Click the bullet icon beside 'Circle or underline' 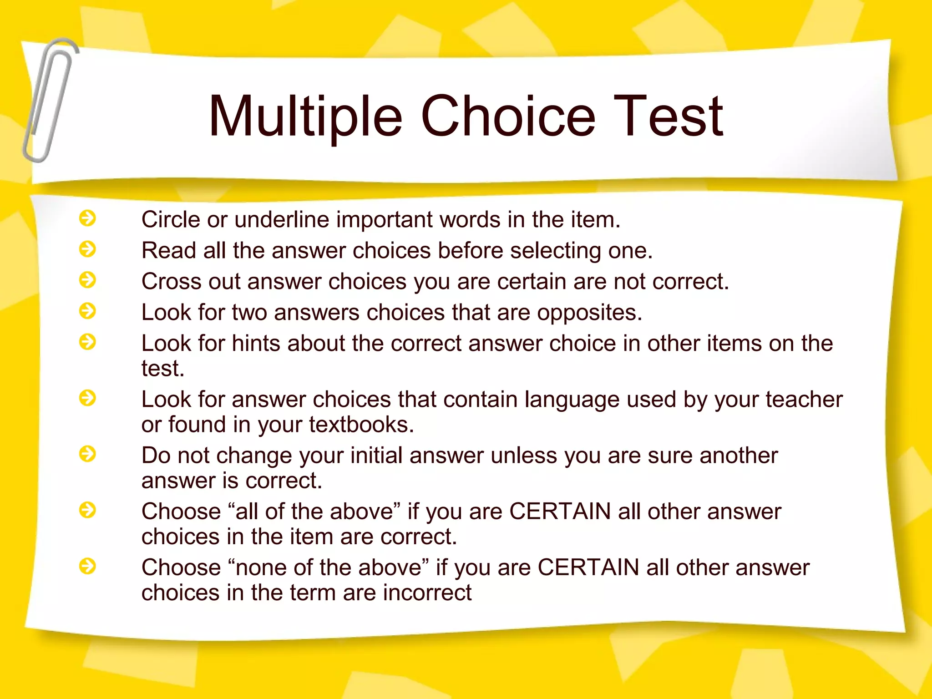point(87,218)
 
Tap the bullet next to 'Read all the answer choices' point(87,249)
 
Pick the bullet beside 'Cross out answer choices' point(87,280)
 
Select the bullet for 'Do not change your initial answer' point(87,454)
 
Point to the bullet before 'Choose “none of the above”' point(87,566)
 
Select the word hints point(256,344)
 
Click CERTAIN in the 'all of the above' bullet point(560,512)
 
